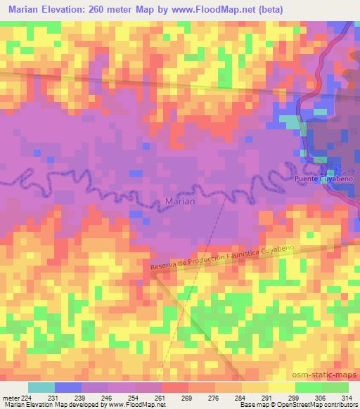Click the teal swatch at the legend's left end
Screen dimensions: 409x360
[x=41, y=387]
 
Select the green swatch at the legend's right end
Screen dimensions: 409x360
[x=335, y=387]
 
